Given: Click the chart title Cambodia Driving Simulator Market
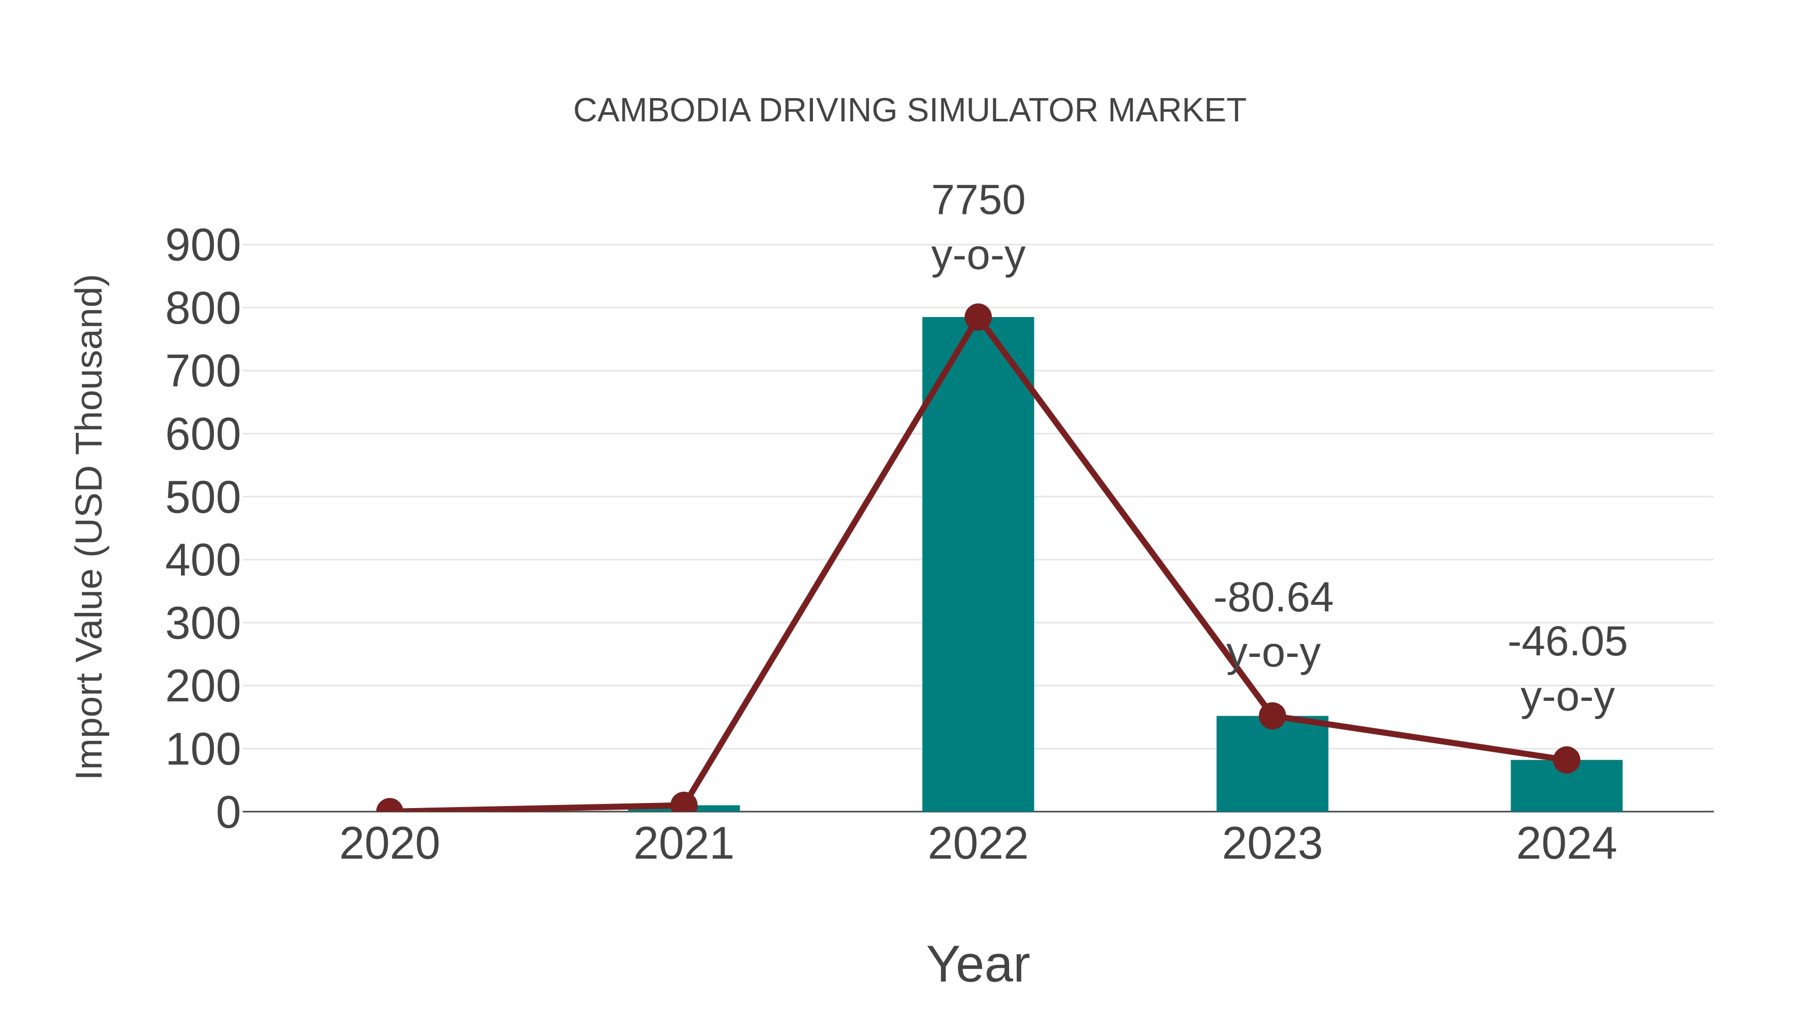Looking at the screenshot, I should point(909,111).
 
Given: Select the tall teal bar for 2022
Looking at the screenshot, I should point(978,565).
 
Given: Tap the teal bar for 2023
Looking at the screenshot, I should point(1272,767).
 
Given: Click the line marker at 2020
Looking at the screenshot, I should point(389,810).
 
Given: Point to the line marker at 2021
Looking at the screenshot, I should point(683,804).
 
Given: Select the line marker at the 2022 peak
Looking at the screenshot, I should point(978,317).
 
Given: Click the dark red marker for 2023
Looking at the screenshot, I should point(1272,716).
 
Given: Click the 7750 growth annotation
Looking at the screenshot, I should point(978,201).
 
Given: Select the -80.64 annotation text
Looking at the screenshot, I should point(1272,599).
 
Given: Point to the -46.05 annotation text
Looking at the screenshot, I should point(1567,642).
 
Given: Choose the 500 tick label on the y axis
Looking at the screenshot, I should point(203,498).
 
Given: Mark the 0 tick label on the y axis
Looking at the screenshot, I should point(227,812).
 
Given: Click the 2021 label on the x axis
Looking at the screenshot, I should point(683,844).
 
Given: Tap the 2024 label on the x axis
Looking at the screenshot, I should point(1566,844).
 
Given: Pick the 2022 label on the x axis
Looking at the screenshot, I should point(978,844).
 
